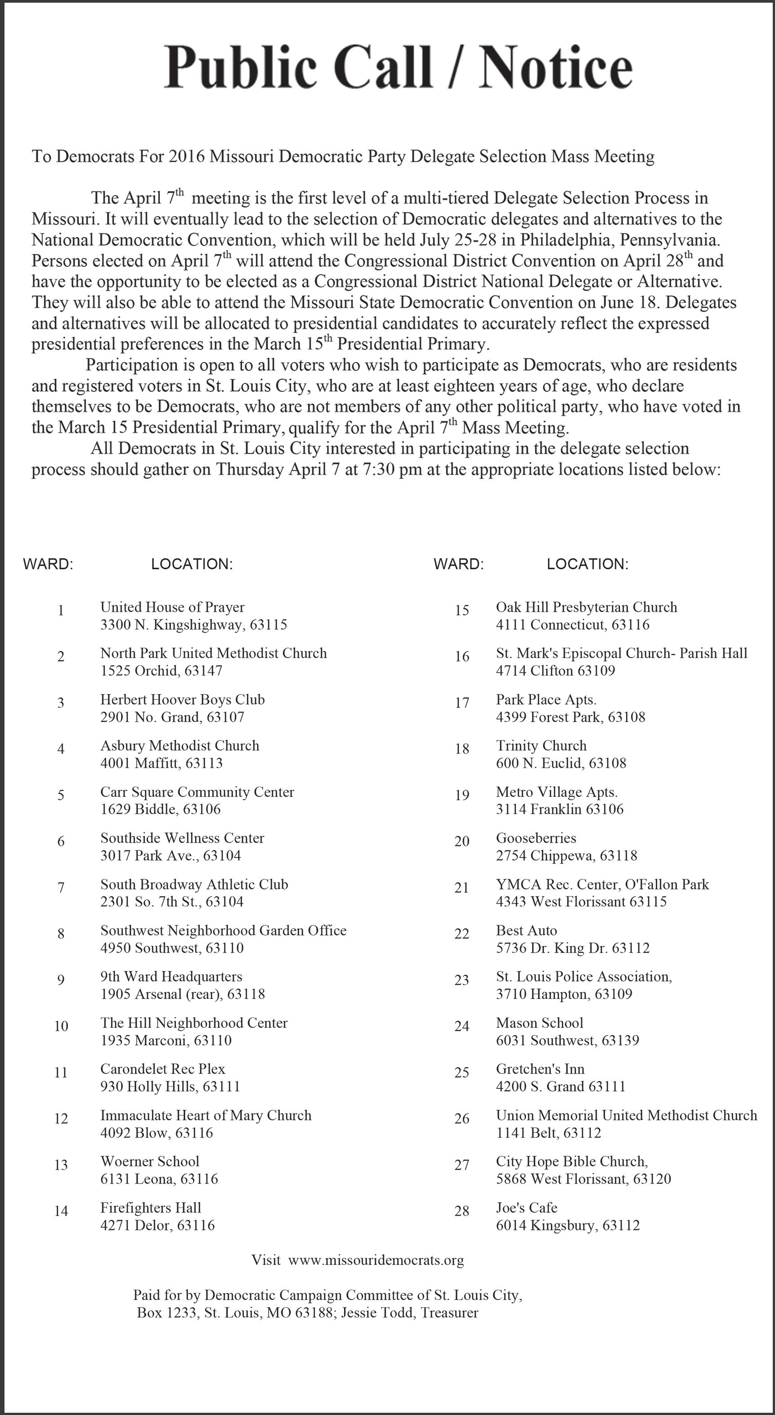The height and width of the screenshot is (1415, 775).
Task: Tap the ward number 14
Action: tap(61, 1211)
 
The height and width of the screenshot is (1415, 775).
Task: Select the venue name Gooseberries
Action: tap(536, 838)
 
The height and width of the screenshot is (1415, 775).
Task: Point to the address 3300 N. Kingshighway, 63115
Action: tap(193, 624)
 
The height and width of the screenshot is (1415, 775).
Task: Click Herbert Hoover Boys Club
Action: tap(182, 700)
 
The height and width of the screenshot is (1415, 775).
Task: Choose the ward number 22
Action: tap(461, 934)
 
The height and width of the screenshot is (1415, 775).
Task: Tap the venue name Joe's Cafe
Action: tap(526, 1207)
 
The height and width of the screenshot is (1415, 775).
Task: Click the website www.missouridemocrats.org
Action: tap(376, 1260)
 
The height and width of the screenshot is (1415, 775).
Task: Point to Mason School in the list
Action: tap(540, 1023)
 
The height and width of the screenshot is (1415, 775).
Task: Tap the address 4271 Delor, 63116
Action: tap(157, 1225)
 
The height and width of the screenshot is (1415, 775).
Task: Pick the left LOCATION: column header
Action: tap(192, 564)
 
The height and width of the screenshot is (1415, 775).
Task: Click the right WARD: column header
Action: tap(458, 564)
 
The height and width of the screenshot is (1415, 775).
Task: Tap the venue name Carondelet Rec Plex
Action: tap(163, 1069)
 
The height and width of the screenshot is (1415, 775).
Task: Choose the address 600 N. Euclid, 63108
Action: tap(561, 763)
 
